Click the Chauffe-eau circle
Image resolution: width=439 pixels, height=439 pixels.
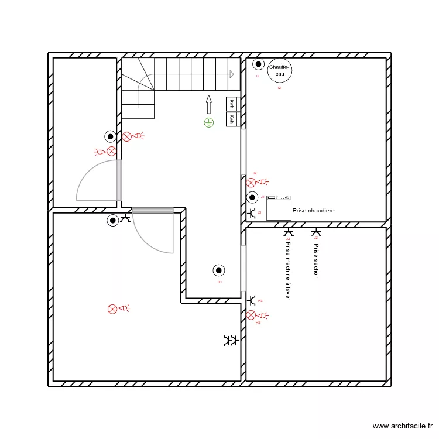[279, 71]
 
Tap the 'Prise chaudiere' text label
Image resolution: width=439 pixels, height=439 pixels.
[313, 210]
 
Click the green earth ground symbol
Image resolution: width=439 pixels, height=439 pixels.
[208, 122]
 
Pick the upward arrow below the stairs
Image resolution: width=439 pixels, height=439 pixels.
[208, 105]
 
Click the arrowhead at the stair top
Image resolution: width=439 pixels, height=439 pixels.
[232, 74]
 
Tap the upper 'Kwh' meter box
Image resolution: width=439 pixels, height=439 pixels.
[232, 104]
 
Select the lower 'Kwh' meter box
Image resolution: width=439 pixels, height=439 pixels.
[232, 119]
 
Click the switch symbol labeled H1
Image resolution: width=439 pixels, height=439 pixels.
[219, 270]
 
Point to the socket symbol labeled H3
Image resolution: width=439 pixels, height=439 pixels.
[252, 300]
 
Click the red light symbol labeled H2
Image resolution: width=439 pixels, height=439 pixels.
[252, 315]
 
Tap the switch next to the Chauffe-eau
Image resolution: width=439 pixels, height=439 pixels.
[258, 65]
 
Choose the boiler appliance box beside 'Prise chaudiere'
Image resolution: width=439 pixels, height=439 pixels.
[279, 208]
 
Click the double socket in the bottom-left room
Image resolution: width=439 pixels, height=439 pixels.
[230, 340]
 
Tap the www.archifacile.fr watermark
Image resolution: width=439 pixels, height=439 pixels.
[403, 426]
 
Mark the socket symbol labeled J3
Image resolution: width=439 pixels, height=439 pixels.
[252, 214]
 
